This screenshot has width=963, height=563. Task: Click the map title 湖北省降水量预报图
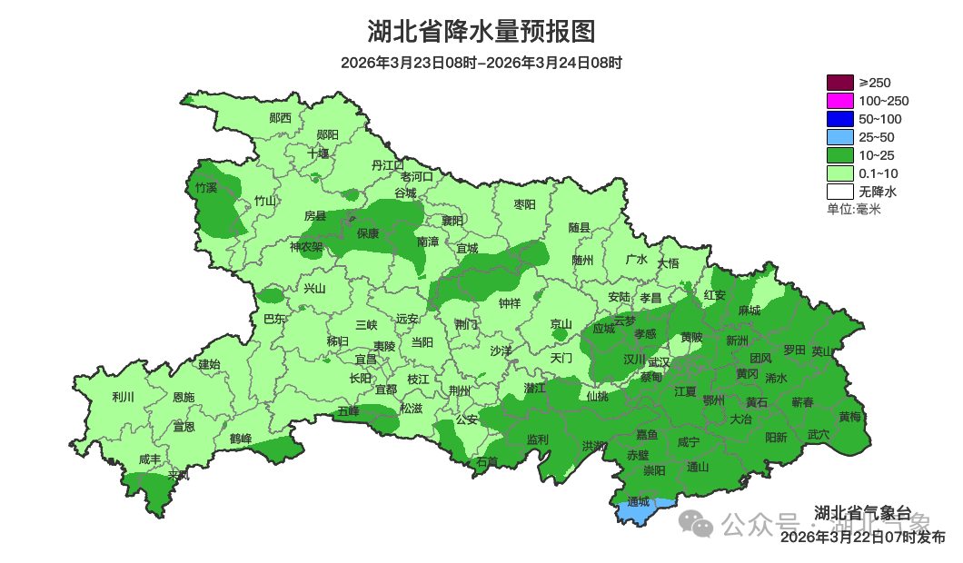tap(481, 32)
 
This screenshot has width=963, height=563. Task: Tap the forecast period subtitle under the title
tap(481, 64)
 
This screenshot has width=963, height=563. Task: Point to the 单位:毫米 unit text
tap(854, 209)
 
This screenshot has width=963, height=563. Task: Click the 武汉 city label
tap(659, 362)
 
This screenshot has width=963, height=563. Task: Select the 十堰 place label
tap(318, 153)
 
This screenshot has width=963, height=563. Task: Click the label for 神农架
tap(306, 246)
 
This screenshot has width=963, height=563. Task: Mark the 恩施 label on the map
tap(184, 397)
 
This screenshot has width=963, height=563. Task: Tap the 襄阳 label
tap(452, 221)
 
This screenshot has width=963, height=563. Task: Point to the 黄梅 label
tap(850, 417)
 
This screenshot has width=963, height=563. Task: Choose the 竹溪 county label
tap(206, 188)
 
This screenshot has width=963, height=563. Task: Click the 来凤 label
tap(178, 475)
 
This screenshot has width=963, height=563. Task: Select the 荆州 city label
tap(460, 390)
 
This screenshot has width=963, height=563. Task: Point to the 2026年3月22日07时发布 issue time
tap(862, 538)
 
